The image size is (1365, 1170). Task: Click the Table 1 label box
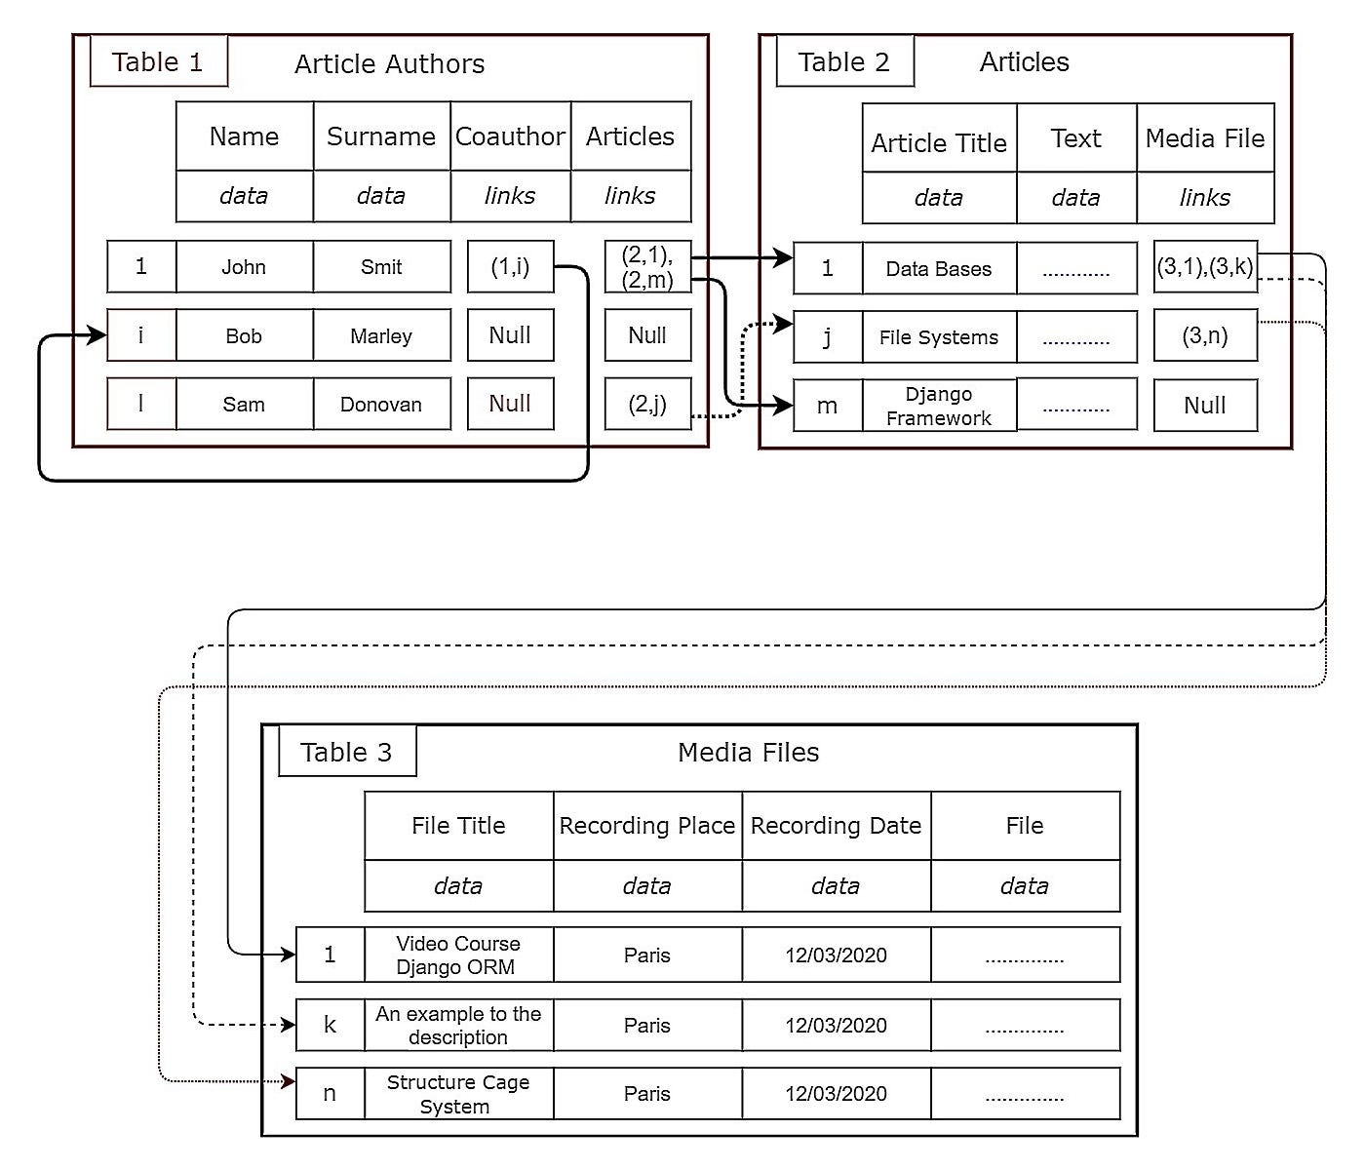[x=158, y=62]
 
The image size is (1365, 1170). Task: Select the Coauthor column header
[x=510, y=136]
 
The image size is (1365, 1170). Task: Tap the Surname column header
[x=381, y=136]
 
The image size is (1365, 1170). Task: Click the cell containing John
[x=244, y=267]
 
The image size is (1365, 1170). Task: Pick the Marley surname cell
[x=381, y=336]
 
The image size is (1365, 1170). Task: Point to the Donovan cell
[x=381, y=405]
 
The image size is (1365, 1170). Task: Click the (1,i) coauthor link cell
[x=510, y=267]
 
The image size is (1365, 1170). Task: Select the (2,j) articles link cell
[x=647, y=405]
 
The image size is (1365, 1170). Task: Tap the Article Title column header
[x=939, y=143]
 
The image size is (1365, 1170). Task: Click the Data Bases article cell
[x=939, y=269]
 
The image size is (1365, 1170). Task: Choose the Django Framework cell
[x=939, y=407]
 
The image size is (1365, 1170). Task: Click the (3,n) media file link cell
[x=1205, y=336]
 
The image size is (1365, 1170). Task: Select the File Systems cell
[x=939, y=337]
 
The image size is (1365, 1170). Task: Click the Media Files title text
[x=748, y=753]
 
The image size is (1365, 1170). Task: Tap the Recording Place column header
[x=646, y=826]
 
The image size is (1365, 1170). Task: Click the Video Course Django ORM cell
[x=458, y=955]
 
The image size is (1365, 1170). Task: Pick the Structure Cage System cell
[x=458, y=1094]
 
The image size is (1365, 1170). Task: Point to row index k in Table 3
[x=330, y=1025]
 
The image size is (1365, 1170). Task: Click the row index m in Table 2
[x=827, y=407]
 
